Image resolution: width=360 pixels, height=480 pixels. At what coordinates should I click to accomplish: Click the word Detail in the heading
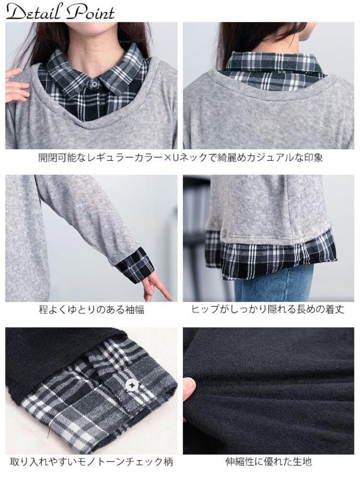(x=34, y=12)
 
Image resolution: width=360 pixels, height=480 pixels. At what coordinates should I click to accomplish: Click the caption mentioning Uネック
(x=180, y=157)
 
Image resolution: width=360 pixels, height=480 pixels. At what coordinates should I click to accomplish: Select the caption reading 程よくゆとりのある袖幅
(x=91, y=309)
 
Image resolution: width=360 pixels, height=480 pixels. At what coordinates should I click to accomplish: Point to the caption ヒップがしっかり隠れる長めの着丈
(x=268, y=309)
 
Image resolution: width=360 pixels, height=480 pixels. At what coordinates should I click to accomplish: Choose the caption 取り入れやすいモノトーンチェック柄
(x=91, y=462)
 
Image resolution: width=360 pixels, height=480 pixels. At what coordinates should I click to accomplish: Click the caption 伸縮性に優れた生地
(x=268, y=462)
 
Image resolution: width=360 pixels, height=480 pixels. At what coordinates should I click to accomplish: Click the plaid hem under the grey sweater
(x=270, y=256)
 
